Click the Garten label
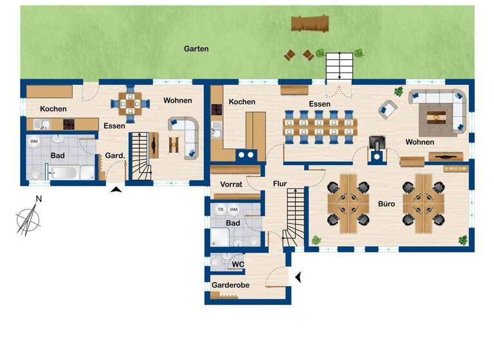(x=196, y=49)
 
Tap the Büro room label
(x=386, y=204)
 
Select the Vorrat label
(x=230, y=184)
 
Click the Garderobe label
(x=230, y=285)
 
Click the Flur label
(x=280, y=184)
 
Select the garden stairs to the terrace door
(x=340, y=66)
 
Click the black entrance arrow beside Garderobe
(x=298, y=277)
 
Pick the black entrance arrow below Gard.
(x=116, y=189)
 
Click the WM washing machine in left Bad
(x=33, y=141)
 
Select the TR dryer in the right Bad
(x=221, y=210)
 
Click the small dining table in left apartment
(x=131, y=103)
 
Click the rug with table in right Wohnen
(x=437, y=116)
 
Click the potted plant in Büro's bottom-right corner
(x=462, y=240)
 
